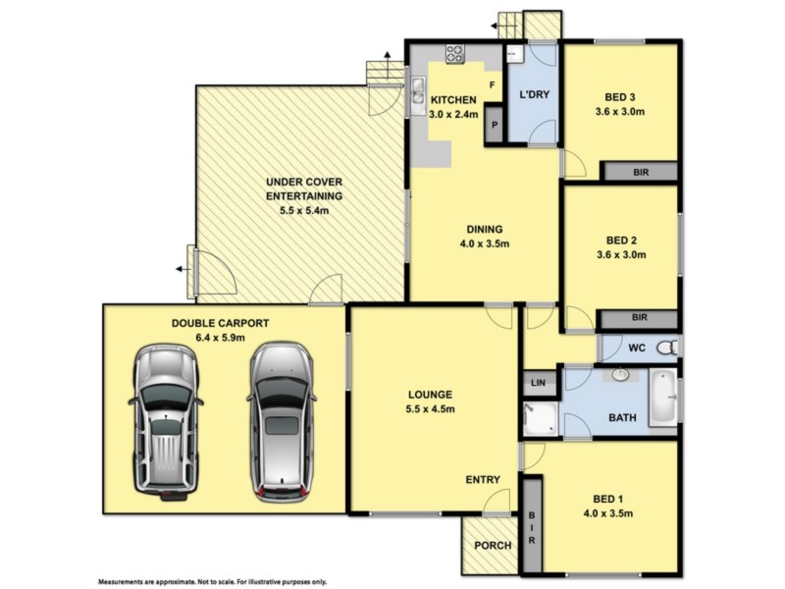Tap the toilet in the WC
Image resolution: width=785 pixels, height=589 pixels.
667,347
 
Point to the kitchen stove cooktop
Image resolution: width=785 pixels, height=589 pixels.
456,54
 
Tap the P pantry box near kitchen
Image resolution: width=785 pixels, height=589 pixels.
496,125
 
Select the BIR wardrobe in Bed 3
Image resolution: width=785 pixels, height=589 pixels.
640,172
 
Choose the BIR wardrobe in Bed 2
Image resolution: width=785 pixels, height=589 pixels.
640,318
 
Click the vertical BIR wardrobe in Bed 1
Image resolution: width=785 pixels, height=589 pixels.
532,525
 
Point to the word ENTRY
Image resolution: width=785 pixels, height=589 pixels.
483,480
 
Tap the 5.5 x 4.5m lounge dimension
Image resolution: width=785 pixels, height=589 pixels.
431,409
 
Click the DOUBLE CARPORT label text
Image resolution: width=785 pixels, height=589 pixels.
220,322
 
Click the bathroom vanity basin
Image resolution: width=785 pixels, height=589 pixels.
620,375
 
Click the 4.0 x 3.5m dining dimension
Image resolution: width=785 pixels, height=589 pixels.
485,244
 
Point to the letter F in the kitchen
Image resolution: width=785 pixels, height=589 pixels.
492,85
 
